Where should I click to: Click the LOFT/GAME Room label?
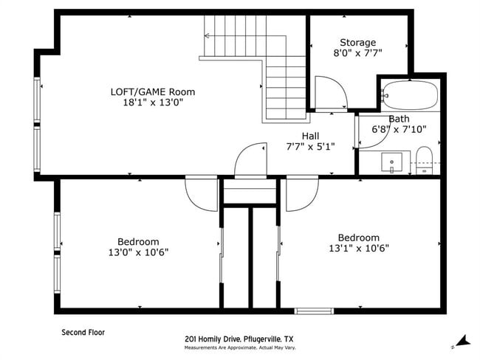click(x=153, y=91)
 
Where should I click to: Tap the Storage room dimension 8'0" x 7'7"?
click(x=358, y=53)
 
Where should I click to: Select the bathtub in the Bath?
click(x=410, y=95)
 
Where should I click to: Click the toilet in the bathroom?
click(x=425, y=161)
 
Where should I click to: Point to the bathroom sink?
click(x=392, y=162)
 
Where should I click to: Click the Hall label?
click(x=310, y=136)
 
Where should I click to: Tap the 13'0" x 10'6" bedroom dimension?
click(x=138, y=252)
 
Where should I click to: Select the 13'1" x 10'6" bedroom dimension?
click(x=359, y=248)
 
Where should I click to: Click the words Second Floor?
click(x=83, y=333)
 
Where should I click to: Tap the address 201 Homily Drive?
click(x=214, y=339)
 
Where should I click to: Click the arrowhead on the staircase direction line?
click(x=206, y=36)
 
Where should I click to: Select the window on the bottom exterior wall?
click(x=314, y=311)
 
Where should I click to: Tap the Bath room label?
click(x=399, y=119)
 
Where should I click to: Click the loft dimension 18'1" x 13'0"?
click(x=153, y=103)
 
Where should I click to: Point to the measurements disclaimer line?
click(x=240, y=347)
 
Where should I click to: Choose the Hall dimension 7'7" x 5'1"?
click(x=310, y=147)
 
